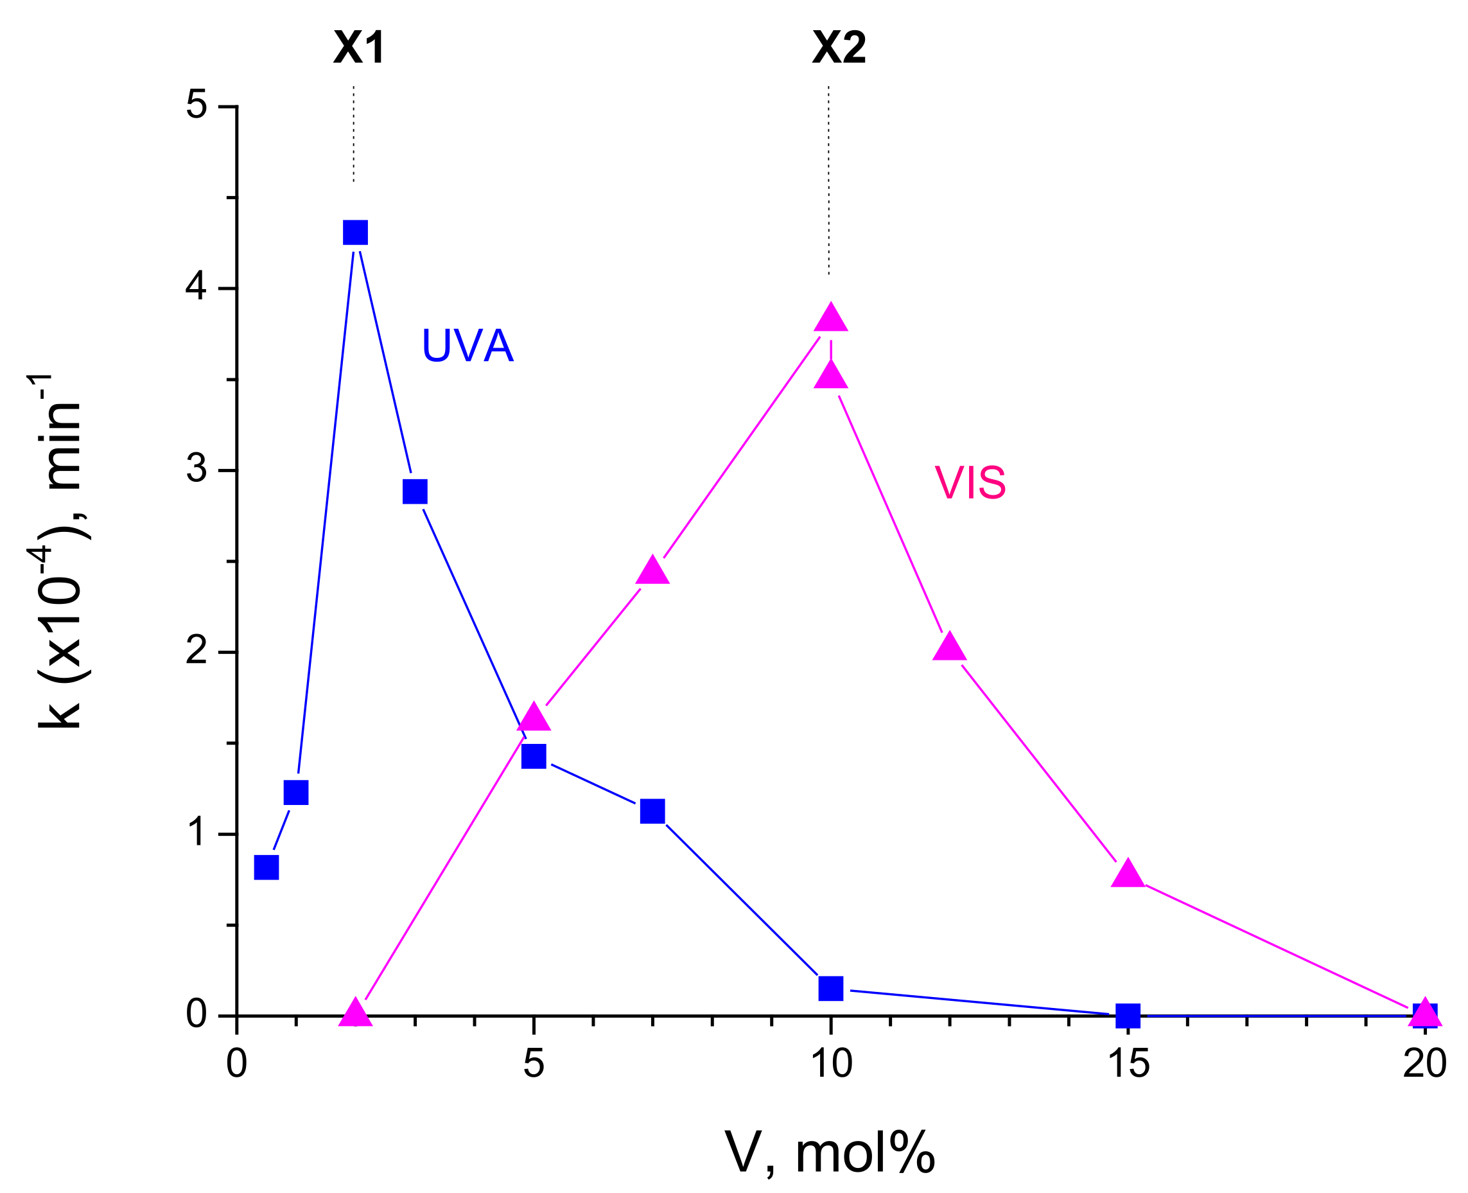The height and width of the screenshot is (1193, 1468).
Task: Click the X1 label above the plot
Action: [358, 48]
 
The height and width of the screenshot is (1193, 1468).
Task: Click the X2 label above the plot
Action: [839, 48]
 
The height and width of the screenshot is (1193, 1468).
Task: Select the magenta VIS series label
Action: [970, 482]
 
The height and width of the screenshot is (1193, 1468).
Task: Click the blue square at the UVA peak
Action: [355, 233]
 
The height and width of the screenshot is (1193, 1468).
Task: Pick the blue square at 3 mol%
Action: [415, 491]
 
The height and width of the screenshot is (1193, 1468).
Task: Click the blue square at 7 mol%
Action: [652, 811]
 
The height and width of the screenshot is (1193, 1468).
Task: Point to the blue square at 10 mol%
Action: [830, 988]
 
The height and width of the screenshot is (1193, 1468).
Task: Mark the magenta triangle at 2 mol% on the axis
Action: [355, 1014]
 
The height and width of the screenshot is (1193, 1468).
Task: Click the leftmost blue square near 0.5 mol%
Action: [267, 867]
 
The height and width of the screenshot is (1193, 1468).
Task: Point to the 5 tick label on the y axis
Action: [197, 106]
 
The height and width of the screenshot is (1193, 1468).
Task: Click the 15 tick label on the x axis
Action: [1128, 1063]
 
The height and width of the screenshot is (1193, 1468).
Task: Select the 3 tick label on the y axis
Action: [197, 470]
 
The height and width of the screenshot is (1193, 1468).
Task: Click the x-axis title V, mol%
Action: [829, 1153]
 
